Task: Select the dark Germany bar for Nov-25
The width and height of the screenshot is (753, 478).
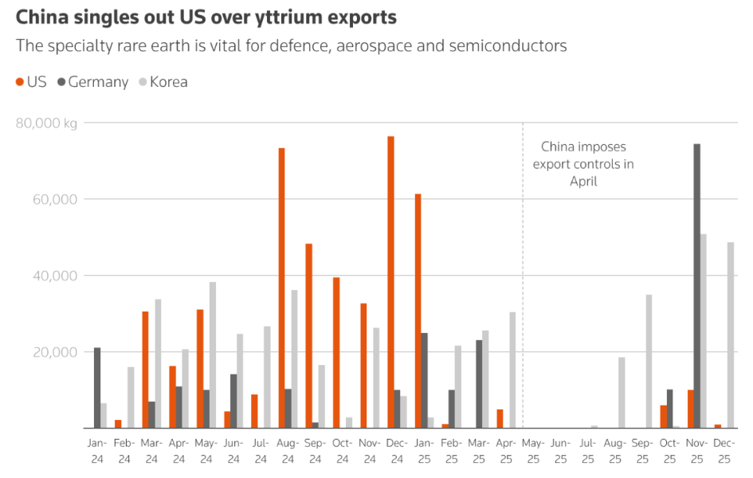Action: (x=696, y=287)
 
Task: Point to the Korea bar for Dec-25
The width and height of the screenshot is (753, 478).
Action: (x=730, y=335)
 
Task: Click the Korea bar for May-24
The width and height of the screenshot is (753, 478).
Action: (x=213, y=355)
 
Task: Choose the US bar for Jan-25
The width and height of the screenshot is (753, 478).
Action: (x=418, y=311)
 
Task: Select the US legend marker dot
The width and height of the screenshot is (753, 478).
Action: (x=21, y=82)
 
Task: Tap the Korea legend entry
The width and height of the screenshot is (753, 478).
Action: (x=163, y=82)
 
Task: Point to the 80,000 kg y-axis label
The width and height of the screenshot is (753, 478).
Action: (x=46, y=123)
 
